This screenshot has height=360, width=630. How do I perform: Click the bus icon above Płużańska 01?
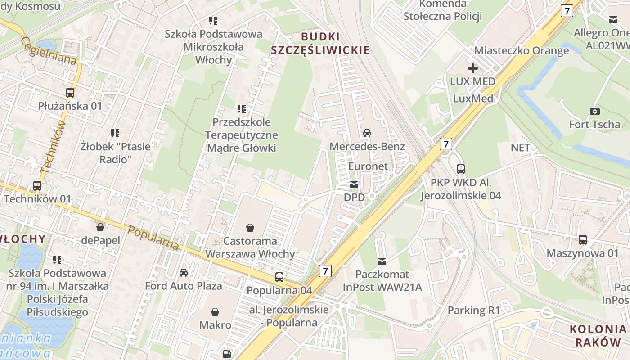[x=70, y=93]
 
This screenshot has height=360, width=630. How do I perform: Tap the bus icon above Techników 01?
[x=37, y=185]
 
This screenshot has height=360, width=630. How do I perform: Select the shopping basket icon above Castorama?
[x=250, y=228]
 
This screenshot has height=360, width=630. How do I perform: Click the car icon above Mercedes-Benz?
[x=367, y=133]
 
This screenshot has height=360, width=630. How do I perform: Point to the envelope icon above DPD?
[x=354, y=184]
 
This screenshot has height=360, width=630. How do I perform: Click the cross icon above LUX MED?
[x=472, y=68]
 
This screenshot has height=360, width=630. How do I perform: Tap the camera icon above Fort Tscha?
[x=594, y=111]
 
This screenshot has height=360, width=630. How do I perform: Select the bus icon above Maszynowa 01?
[x=583, y=240]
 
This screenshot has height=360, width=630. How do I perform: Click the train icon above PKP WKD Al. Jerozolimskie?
[x=461, y=169]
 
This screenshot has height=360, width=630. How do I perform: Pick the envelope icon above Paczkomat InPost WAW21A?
[x=382, y=261]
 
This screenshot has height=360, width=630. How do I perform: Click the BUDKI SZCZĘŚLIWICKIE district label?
[x=320, y=43]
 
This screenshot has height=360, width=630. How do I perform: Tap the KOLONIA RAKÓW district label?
[x=598, y=335]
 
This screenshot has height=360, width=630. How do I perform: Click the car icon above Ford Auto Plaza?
[x=184, y=272]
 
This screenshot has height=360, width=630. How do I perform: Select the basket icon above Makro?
[x=215, y=311]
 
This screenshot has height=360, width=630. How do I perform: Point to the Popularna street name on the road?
[x=153, y=238]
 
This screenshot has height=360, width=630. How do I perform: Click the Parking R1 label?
[x=473, y=310]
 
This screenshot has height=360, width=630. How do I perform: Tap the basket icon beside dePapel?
[x=100, y=227]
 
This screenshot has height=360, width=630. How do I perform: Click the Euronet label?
[x=368, y=166]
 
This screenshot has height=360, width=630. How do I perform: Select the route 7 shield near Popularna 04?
[x=325, y=270]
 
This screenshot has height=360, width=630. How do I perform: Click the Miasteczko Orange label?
[x=522, y=50]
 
